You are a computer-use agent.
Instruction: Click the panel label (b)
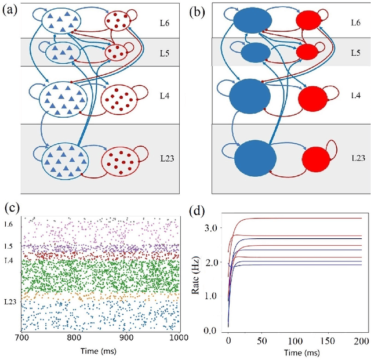[x=202, y=9]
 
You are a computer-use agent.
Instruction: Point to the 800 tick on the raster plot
[x=74, y=338]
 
